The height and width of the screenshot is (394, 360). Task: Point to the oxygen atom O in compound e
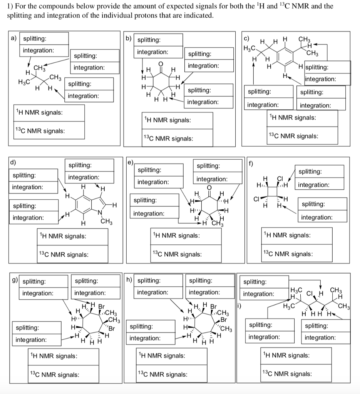pyautogui.click(x=209, y=187)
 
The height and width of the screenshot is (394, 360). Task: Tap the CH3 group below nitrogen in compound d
pyautogui.click(x=106, y=222)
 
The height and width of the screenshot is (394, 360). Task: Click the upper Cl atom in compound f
pyautogui.click(x=280, y=179)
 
